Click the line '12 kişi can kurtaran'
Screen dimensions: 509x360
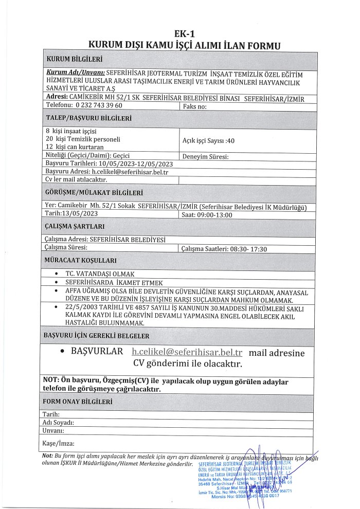[76, 147]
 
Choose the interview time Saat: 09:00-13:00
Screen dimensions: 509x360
[207, 214]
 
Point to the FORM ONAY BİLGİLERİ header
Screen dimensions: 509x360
[78, 401]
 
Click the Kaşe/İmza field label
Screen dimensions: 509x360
[59, 443]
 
